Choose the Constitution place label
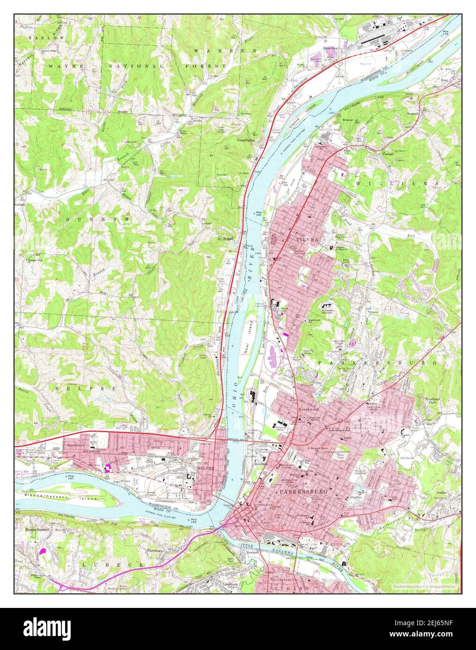pos(246,140)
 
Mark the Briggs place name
pos(227,238)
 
